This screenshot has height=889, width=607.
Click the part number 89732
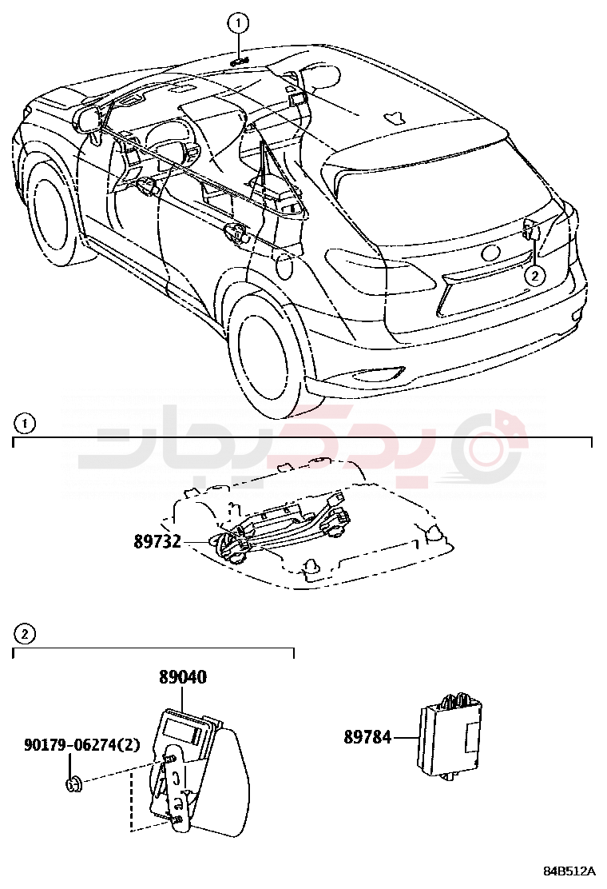coord(157,541)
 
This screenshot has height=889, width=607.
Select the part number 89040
coord(183,677)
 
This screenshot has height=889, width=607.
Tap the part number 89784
coord(367,737)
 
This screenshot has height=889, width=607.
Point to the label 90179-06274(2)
coord(82,744)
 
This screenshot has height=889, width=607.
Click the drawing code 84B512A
coord(569,871)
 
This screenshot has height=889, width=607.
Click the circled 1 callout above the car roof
coord(238,23)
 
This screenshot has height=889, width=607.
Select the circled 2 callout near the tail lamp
coord(534,276)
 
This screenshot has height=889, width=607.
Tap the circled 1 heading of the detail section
coord(24,424)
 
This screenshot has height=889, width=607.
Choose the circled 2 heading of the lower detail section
coord(24,634)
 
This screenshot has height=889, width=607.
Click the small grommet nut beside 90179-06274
coord(73,785)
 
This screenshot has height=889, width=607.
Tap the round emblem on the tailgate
coord(490,253)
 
